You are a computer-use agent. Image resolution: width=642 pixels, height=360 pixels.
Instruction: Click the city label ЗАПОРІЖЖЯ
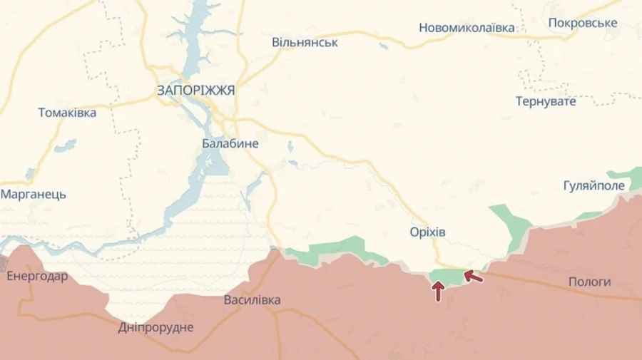click(x=195, y=91)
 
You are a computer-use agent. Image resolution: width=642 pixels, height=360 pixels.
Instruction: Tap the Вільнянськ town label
click(x=305, y=42)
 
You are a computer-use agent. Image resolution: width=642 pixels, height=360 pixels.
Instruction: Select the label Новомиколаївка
click(x=467, y=28)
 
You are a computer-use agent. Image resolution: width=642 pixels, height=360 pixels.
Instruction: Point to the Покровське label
click(x=582, y=23)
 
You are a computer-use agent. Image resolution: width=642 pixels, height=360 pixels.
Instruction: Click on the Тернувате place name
click(x=546, y=101)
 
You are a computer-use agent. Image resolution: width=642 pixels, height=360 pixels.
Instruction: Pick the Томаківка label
click(x=67, y=112)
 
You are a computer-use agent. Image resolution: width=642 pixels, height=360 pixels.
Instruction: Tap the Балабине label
click(x=230, y=144)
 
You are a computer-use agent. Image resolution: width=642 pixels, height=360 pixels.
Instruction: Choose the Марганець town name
click(x=34, y=194)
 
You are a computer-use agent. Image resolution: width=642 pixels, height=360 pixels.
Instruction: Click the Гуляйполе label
click(x=593, y=186)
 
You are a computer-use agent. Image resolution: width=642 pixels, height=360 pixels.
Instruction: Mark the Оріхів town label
click(x=428, y=232)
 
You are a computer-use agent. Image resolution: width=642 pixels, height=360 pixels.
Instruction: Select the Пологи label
click(x=589, y=282)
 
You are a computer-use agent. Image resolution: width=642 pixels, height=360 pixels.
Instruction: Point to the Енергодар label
click(x=37, y=276)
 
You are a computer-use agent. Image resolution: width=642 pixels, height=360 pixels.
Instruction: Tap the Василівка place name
click(x=252, y=300)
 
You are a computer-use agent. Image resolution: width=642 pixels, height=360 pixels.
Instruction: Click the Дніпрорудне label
click(x=156, y=327)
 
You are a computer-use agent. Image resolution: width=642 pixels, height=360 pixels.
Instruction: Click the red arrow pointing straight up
click(x=438, y=291)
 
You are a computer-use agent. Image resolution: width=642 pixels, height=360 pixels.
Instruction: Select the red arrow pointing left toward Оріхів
click(x=473, y=276)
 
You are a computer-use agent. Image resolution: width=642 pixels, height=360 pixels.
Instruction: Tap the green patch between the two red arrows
click(x=447, y=276)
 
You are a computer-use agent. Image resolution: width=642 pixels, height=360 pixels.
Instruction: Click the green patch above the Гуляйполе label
click(x=626, y=175)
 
